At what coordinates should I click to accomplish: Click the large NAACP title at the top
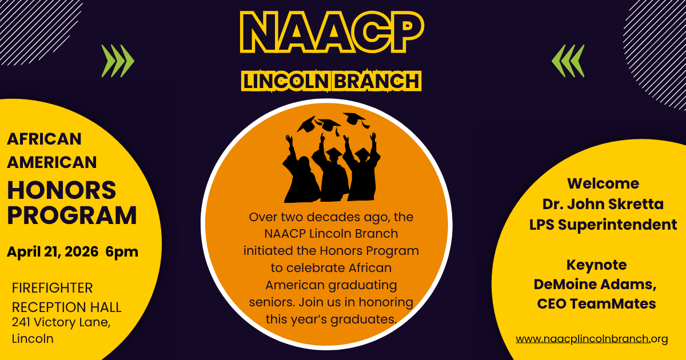coord(332,32)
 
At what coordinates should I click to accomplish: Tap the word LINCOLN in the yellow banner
coord(286,81)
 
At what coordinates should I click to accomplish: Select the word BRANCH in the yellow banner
coord(376,81)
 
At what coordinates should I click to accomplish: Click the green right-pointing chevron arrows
coord(118,61)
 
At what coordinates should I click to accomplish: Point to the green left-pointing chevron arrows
coord(568,61)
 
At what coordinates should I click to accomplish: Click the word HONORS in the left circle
coord(62,190)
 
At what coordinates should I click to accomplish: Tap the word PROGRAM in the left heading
coord(72,215)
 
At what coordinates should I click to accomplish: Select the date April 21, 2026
coord(53,252)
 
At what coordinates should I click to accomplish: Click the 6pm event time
coord(122,252)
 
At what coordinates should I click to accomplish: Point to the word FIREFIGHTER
coord(53,288)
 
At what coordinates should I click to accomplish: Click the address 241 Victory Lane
coord(61,322)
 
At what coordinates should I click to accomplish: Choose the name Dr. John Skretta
coord(603,204)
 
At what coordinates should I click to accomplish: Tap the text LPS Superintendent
coord(603,225)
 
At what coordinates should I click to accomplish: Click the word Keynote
coord(597,265)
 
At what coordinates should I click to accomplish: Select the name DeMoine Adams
coord(595,285)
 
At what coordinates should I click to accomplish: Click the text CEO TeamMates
coord(597,303)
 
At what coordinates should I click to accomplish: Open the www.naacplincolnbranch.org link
coord(592,339)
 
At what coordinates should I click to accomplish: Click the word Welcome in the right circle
coord(603,183)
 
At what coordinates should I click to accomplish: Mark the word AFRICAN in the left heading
coord(44,139)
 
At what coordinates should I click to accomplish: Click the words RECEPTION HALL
coord(67,307)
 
